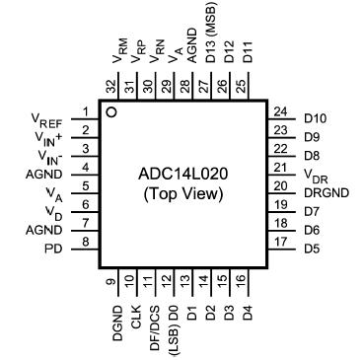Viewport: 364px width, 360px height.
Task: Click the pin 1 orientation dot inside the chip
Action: pyautogui.click(x=113, y=111)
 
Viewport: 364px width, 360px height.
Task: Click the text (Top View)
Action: pyautogui.click(x=185, y=194)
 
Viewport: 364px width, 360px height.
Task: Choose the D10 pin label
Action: pyautogui.click(x=315, y=117)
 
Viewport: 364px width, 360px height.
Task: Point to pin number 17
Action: pyautogui.click(x=283, y=241)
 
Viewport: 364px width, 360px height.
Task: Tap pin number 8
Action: pyautogui.click(x=86, y=241)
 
